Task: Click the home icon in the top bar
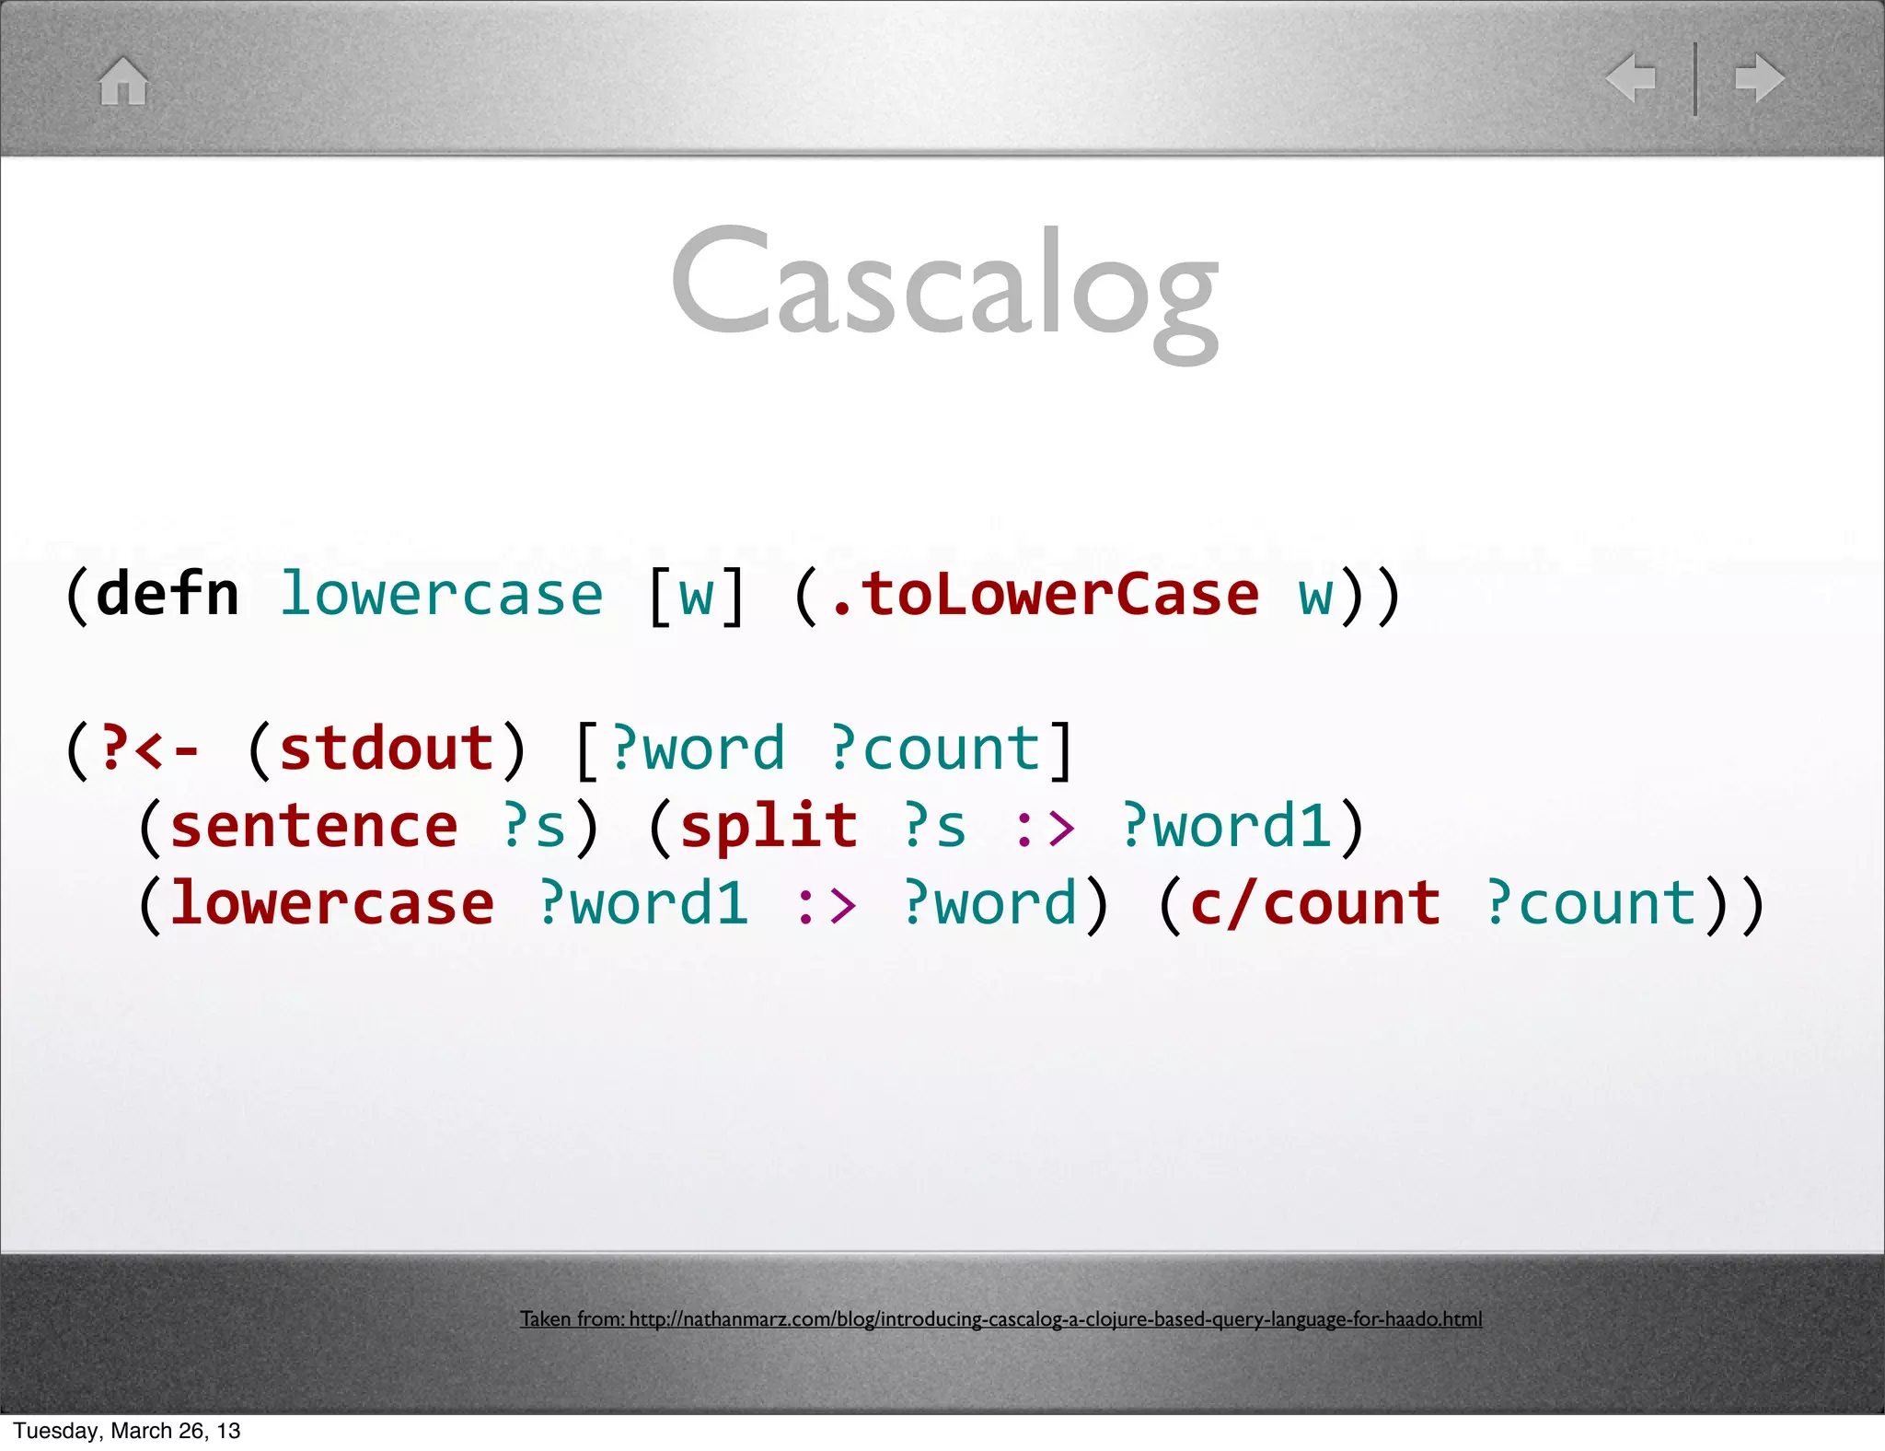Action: click(x=123, y=81)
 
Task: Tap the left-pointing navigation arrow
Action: click(x=1630, y=78)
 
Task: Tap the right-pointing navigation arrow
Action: click(x=1760, y=78)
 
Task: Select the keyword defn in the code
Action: click(x=168, y=595)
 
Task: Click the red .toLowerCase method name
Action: click(x=1044, y=595)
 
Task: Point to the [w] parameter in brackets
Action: click(x=696, y=595)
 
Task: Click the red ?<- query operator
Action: click(x=149, y=749)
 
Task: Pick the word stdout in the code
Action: click(x=387, y=749)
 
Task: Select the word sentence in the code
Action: click(x=314, y=826)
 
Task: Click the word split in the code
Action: click(x=769, y=826)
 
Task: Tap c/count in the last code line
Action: click(x=1315, y=903)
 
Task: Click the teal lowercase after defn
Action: click(x=441, y=595)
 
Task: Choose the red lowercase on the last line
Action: click(x=332, y=903)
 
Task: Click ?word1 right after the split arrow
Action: click(x=1226, y=826)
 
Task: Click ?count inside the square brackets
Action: click(x=936, y=749)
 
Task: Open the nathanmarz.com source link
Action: click(x=1000, y=1319)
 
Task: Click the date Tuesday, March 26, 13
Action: click(x=127, y=1431)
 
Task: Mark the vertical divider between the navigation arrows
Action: click(x=1695, y=78)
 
